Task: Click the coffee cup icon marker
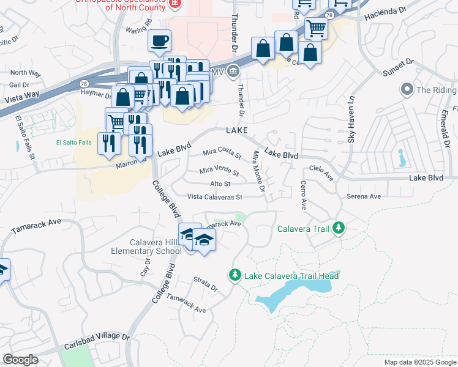160,41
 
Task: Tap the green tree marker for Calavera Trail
337,229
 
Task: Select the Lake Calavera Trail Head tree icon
234,276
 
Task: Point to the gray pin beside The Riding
406,90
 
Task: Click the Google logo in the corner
20,360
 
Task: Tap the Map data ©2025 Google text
419,362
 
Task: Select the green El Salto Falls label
73,143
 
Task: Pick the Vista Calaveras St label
215,197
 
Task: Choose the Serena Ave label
364,196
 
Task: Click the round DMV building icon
233,72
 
